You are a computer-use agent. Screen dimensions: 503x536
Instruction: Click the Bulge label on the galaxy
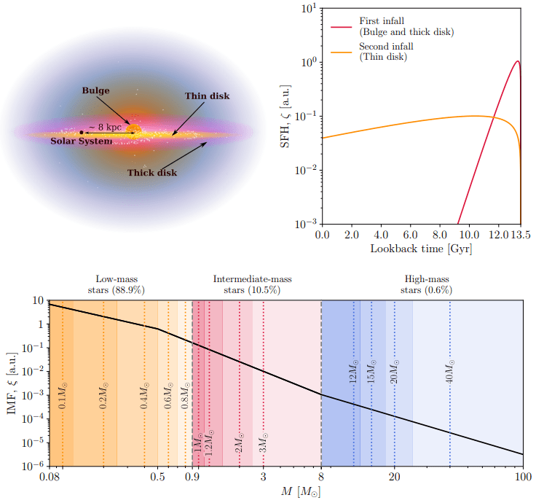tap(95, 91)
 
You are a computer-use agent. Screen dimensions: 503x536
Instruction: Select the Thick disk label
tap(152, 173)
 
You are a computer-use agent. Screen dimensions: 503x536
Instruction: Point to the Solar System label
tap(81, 141)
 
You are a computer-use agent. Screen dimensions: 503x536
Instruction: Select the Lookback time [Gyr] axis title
tap(420, 249)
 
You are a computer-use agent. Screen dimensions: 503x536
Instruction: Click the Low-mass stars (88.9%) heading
tap(118, 284)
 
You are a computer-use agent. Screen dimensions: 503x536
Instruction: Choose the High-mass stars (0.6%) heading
tap(426, 284)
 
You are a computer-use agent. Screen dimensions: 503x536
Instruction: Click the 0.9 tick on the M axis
tap(192, 478)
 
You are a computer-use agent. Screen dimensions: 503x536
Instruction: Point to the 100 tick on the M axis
tap(522, 478)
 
